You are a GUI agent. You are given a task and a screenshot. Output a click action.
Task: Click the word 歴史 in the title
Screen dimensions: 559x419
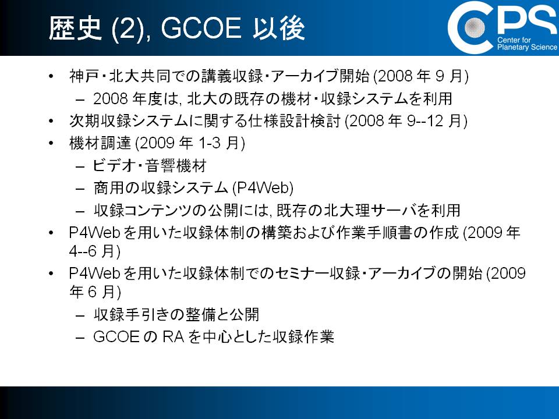point(75,28)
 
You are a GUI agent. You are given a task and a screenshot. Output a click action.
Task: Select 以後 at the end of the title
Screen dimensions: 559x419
point(279,28)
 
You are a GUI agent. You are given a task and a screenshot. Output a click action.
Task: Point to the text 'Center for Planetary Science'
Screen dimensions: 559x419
point(527,44)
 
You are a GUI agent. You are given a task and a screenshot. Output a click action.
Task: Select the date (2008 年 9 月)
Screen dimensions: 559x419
point(420,76)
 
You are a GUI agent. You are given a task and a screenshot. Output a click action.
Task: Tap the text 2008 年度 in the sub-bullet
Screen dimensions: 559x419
point(123,99)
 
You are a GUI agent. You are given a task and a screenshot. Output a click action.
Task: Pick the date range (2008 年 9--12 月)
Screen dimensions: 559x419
point(406,121)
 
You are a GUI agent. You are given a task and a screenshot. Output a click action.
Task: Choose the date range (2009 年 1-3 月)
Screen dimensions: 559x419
point(190,143)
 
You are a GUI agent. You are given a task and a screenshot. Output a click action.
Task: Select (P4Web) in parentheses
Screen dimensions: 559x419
point(263,188)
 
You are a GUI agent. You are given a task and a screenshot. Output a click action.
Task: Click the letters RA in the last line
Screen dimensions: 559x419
point(173,337)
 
